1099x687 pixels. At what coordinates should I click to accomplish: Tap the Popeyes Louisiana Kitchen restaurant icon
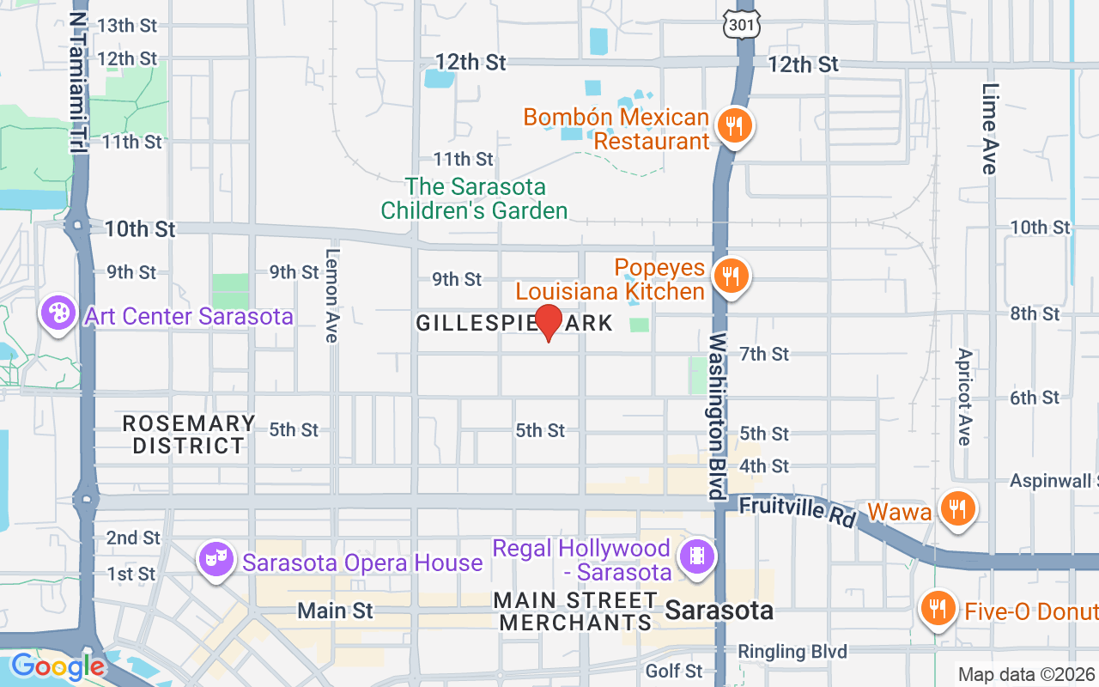(731, 276)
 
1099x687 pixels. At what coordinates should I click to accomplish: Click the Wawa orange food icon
(956, 508)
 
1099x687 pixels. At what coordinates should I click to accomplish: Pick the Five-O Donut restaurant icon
(937, 607)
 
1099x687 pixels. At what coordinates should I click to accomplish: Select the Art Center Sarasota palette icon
(58, 313)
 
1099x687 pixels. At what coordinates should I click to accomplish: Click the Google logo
(57, 666)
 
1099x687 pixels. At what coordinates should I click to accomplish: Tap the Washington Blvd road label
(718, 416)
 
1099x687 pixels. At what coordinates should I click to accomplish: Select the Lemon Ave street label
(332, 295)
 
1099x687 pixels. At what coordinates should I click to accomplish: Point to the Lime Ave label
(991, 129)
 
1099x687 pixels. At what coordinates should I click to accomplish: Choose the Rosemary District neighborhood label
(189, 435)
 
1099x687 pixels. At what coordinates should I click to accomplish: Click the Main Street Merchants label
(575, 611)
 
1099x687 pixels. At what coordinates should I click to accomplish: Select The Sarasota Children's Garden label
(475, 198)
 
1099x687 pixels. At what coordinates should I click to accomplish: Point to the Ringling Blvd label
(792, 652)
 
